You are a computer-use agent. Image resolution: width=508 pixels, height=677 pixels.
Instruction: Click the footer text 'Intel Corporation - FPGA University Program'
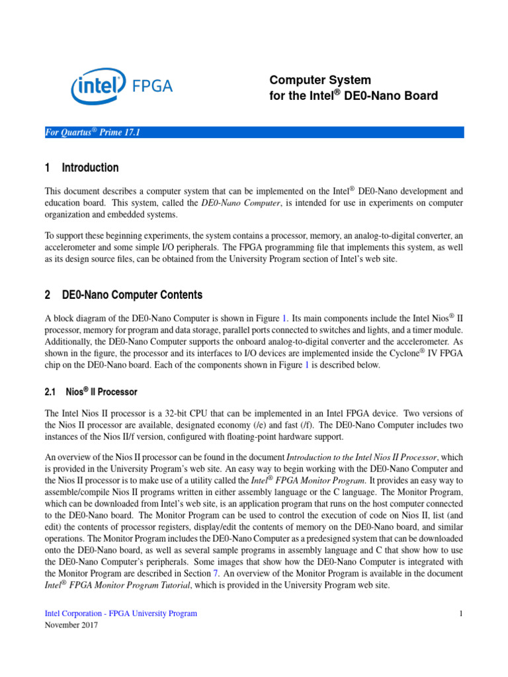coord(120,614)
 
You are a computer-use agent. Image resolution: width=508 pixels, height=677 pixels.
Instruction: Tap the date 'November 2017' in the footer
coord(71,625)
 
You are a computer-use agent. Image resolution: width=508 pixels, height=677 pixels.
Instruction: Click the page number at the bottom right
coord(460,614)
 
